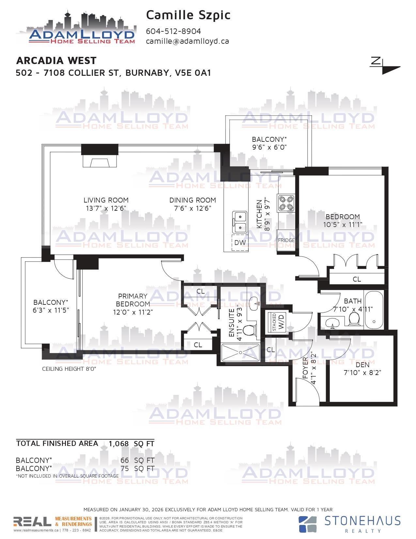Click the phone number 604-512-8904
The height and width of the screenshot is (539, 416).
pyautogui.click(x=173, y=31)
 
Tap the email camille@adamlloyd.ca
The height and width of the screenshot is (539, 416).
pyautogui.click(x=187, y=41)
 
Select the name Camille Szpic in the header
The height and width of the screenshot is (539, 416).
pyautogui.click(x=188, y=15)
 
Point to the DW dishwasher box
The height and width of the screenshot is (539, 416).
pyautogui.click(x=240, y=243)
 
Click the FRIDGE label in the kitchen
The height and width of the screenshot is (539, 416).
pyautogui.click(x=286, y=240)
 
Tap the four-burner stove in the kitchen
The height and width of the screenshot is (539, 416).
pyautogui.click(x=286, y=203)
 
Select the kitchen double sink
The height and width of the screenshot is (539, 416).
pyautogui.click(x=239, y=222)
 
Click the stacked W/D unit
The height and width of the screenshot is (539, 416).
pyautogui.click(x=278, y=322)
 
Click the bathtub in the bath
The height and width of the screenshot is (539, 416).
pyautogui.click(x=374, y=310)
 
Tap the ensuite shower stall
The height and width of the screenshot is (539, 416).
pyautogui.click(x=240, y=352)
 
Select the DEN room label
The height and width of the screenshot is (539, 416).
pyautogui.click(x=362, y=365)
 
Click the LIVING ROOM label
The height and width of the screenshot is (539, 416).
pyautogui.click(x=106, y=200)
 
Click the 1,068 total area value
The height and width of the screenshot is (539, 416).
pyautogui.click(x=119, y=444)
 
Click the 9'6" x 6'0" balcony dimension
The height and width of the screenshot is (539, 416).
pyautogui.click(x=269, y=147)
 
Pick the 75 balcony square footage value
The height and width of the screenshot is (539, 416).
pyautogui.click(x=125, y=468)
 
